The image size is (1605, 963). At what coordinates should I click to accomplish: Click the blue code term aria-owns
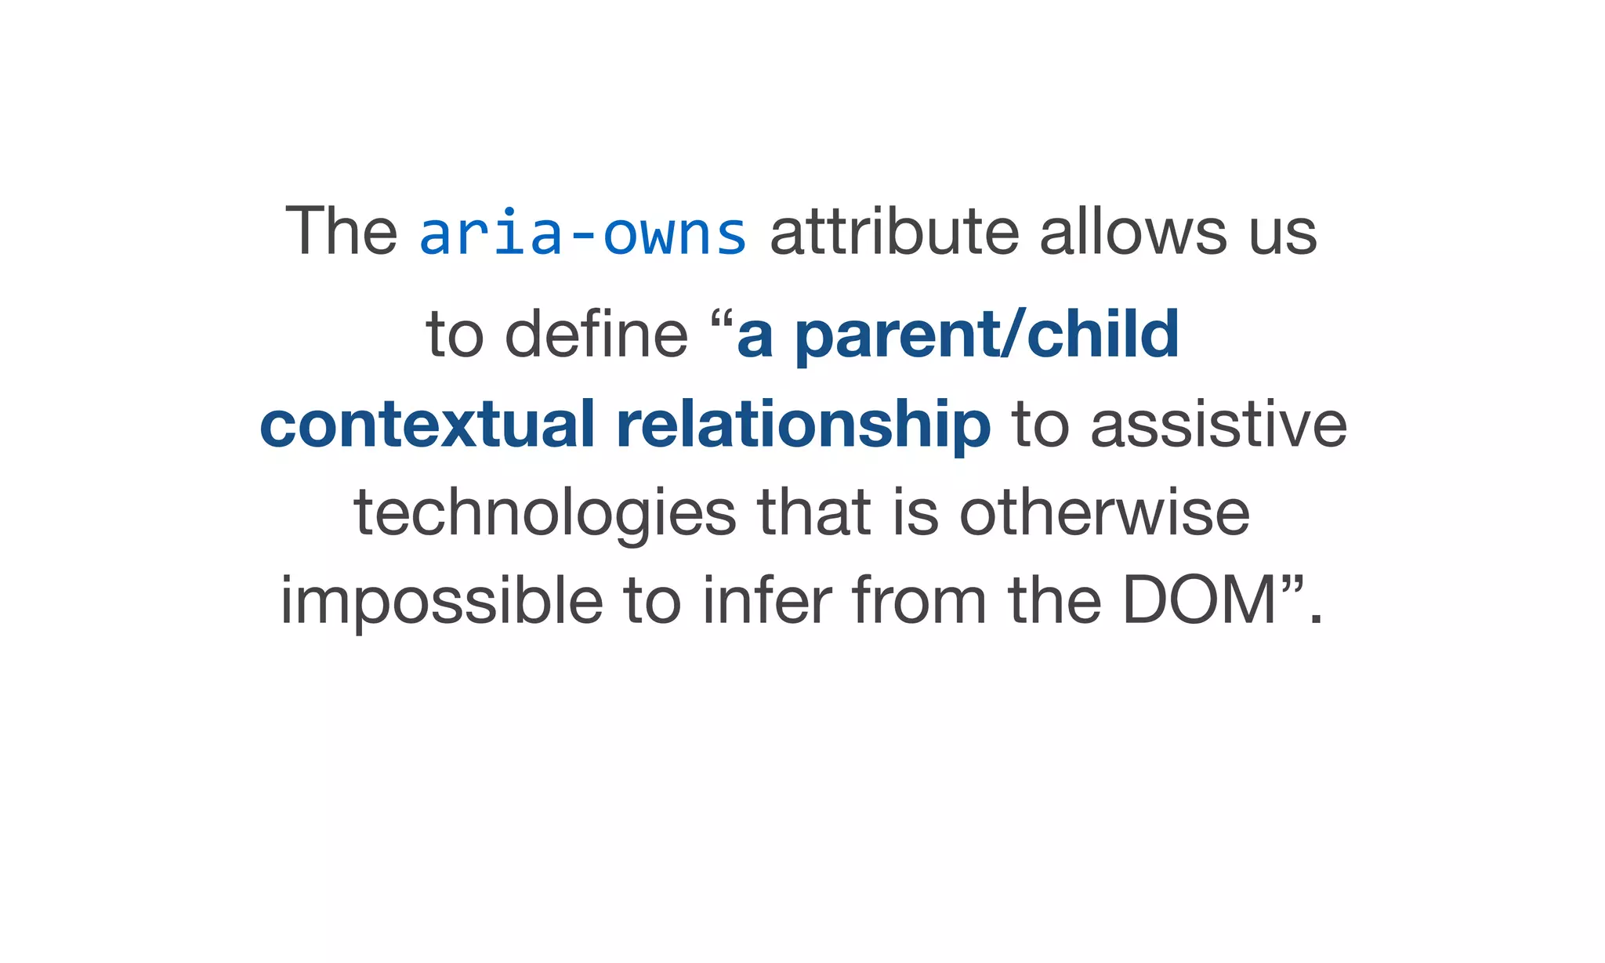pyautogui.click(x=582, y=233)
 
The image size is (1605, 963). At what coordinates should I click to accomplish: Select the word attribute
pyautogui.click(x=894, y=232)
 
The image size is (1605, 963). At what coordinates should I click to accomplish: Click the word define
pyautogui.click(x=596, y=334)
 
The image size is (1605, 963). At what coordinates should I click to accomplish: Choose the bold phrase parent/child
pyautogui.click(x=987, y=335)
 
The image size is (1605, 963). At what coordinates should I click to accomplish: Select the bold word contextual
pyautogui.click(x=426, y=424)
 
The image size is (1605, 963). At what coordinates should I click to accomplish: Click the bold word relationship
pyautogui.click(x=803, y=424)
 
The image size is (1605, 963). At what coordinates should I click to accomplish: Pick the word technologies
pyautogui.click(x=545, y=515)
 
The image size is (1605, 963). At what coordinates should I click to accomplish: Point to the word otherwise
pyautogui.click(x=1104, y=513)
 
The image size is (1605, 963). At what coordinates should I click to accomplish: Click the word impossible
pyautogui.click(x=442, y=602)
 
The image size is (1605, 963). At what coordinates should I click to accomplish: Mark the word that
pyautogui.click(x=814, y=513)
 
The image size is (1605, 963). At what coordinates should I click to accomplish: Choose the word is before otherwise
pyautogui.click(x=915, y=513)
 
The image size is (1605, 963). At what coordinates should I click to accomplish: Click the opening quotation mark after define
pyautogui.click(x=723, y=320)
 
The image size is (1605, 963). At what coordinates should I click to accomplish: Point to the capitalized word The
pyautogui.click(x=341, y=232)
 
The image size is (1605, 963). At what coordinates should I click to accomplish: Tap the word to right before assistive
pyautogui.click(x=1041, y=425)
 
